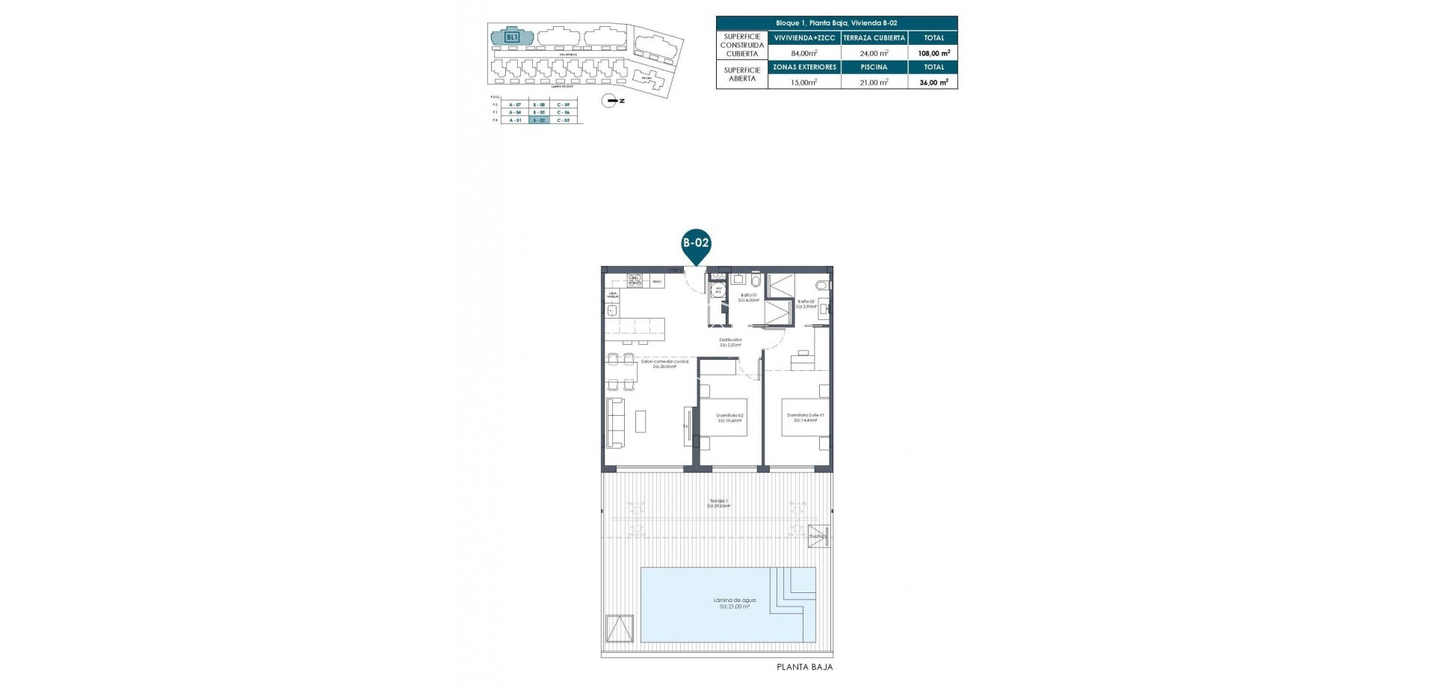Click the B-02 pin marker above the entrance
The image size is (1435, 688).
(696, 244)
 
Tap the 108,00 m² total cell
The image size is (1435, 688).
(933, 53)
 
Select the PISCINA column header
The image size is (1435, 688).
(874, 67)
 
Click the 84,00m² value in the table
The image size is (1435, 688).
(803, 53)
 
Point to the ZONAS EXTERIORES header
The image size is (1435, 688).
(803, 67)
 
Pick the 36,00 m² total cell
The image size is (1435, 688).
(933, 82)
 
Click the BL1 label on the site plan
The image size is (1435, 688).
(512, 37)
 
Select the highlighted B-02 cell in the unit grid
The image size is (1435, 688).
(539, 120)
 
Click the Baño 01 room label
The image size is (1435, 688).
(749, 297)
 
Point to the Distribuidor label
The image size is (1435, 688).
(731, 342)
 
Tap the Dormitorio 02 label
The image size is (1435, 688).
(729, 417)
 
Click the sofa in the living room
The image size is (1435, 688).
(615, 422)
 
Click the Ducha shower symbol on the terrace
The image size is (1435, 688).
(818, 535)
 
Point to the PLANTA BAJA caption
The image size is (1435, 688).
(804, 667)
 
